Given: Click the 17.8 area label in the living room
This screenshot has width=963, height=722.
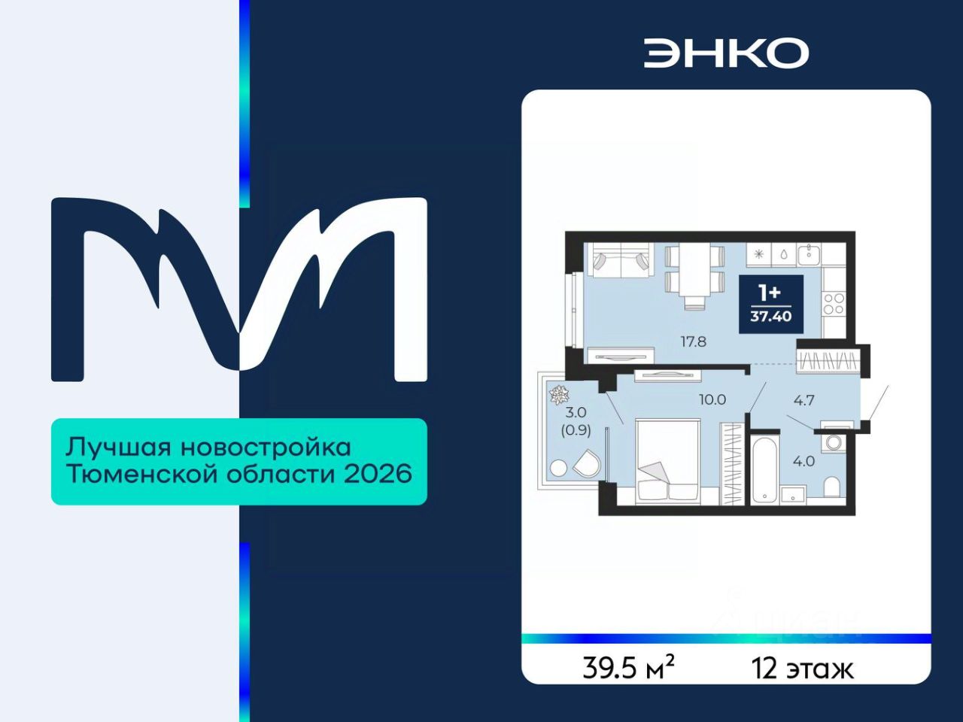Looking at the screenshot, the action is pyautogui.click(x=693, y=341).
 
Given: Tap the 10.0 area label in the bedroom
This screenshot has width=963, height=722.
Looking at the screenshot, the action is pyautogui.click(x=712, y=399).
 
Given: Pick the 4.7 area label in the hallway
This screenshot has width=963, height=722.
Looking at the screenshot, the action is pyautogui.click(x=804, y=400).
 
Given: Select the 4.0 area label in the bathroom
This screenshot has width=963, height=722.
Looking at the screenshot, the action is pyautogui.click(x=804, y=461).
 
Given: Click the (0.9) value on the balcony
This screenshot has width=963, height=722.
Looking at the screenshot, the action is pyautogui.click(x=576, y=430).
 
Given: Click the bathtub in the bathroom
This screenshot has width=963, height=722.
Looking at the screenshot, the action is pyautogui.click(x=764, y=469).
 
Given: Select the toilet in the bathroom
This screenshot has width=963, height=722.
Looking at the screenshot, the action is pyautogui.click(x=831, y=487).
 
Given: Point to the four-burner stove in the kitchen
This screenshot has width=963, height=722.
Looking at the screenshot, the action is pyautogui.click(x=834, y=303).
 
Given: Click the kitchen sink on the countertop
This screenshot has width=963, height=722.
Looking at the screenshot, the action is pyautogui.click(x=809, y=255).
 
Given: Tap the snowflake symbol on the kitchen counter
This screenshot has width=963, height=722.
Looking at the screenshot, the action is pyautogui.click(x=758, y=255).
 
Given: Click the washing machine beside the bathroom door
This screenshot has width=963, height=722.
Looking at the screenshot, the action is pyautogui.click(x=833, y=442).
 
